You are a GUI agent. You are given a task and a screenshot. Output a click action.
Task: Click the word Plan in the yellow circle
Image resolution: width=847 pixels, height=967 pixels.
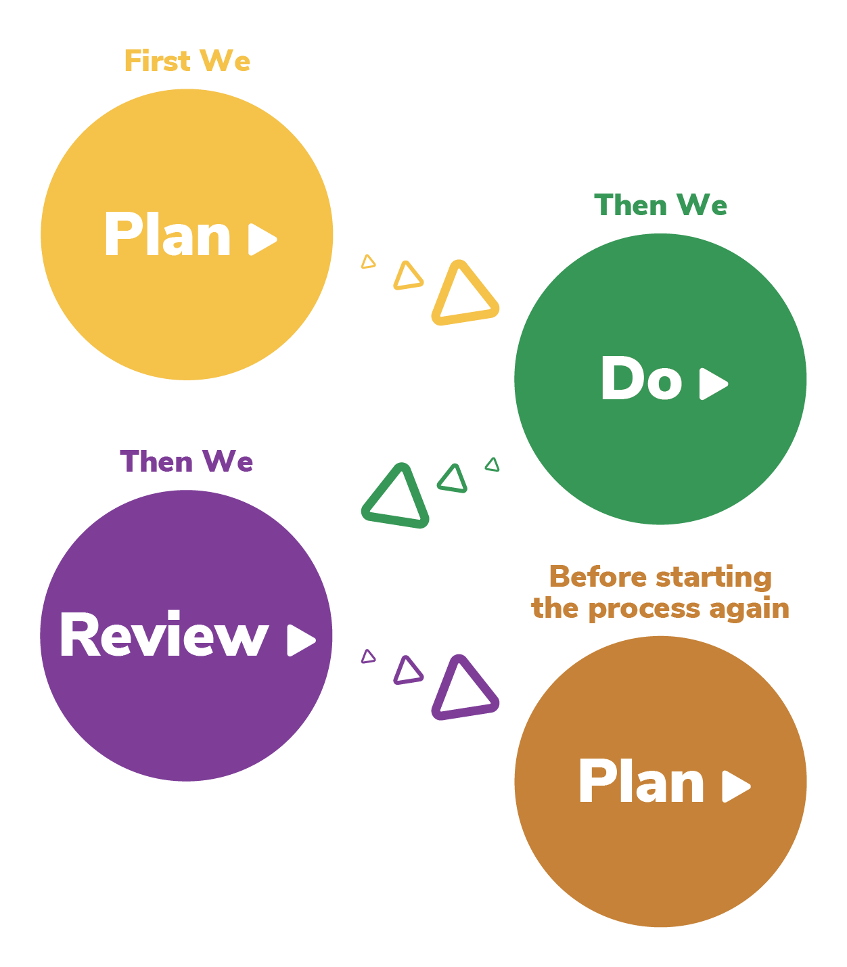[x=167, y=235]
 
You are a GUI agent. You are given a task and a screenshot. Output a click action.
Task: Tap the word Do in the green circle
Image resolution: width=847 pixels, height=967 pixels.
[x=641, y=379]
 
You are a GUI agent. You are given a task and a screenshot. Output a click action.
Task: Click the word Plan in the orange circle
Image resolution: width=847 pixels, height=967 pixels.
[x=641, y=782]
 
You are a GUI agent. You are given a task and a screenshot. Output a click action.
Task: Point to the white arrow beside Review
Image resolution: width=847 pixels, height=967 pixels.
[x=300, y=639]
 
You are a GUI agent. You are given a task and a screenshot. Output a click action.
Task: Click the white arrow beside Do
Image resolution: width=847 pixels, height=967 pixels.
[x=713, y=384]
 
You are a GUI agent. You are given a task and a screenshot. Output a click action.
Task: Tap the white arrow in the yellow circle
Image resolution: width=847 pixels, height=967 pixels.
[x=262, y=239]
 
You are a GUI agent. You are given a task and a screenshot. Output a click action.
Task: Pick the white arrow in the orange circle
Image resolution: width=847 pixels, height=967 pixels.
[x=735, y=786]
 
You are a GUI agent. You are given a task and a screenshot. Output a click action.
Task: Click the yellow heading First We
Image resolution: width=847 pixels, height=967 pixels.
[x=187, y=62]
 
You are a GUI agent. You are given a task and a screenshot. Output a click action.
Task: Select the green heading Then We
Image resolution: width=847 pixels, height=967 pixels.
[x=660, y=205]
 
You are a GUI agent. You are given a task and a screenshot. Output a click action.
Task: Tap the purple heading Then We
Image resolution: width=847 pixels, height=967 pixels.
[x=187, y=462]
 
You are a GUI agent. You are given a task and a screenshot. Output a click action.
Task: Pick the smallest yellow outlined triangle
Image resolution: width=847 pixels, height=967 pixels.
[x=368, y=262]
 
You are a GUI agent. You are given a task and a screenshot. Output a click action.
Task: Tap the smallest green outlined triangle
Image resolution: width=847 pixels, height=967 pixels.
[x=493, y=464]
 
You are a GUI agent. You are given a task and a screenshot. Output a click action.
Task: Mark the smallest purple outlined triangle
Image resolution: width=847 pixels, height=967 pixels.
[x=368, y=656]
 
